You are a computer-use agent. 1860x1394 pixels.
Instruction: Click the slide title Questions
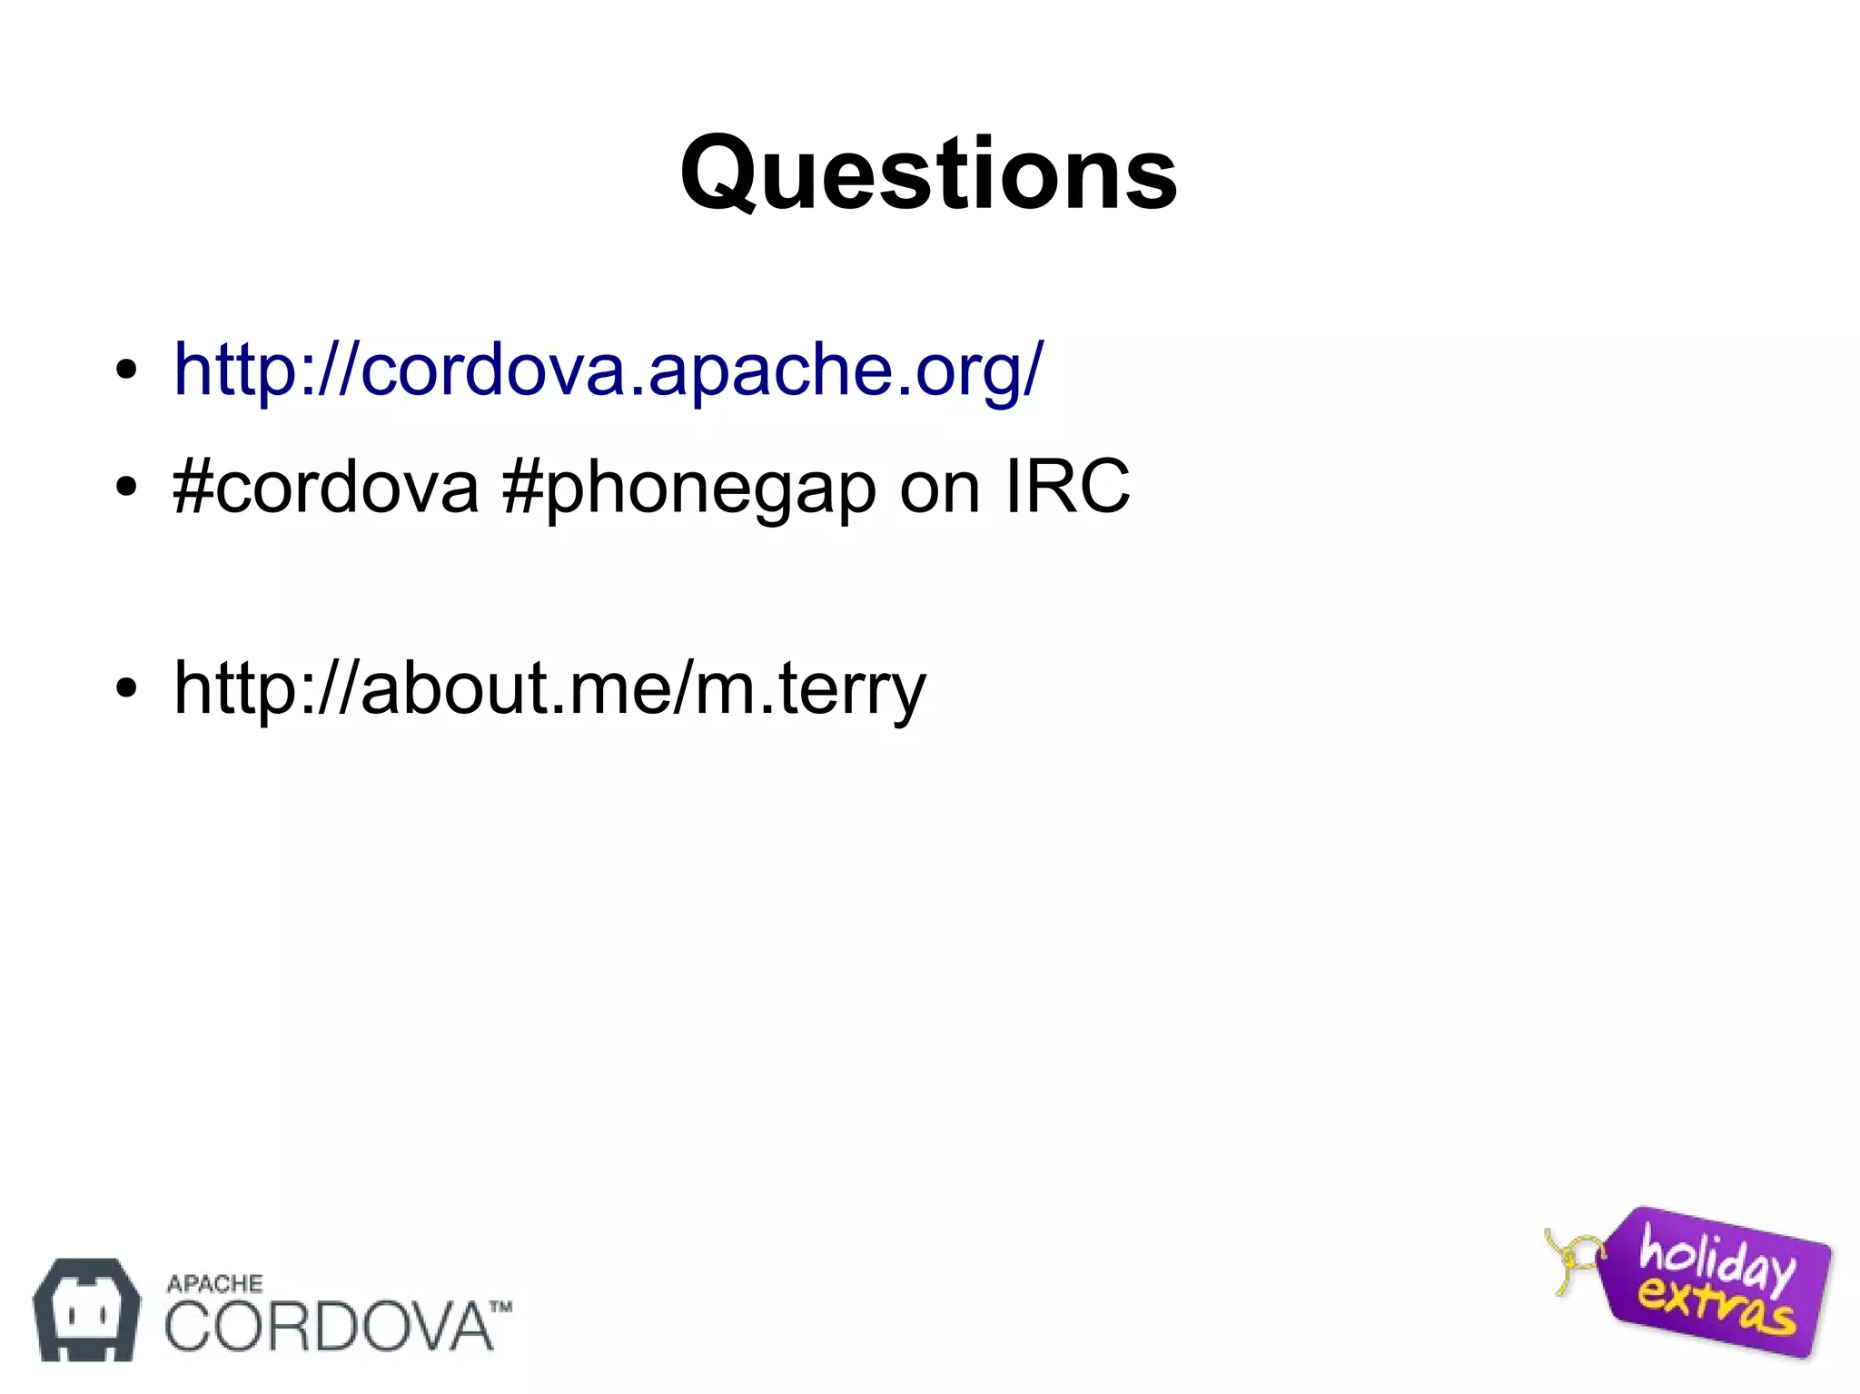point(928,173)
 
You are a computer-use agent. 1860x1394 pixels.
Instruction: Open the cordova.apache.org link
point(608,370)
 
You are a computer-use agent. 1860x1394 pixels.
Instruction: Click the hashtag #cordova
point(325,487)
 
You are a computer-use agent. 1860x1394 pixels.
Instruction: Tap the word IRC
point(1067,487)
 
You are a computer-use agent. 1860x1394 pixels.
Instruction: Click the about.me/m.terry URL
point(549,688)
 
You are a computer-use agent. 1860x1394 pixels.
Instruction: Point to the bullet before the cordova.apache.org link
point(126,371)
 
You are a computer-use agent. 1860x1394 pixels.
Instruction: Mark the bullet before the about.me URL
point(126,688)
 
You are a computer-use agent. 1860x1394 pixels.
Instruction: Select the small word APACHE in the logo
point(214,1283)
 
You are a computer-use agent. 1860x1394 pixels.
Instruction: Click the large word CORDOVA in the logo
point(327,1327)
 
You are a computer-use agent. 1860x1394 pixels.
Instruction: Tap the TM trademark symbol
point(501,1308)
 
